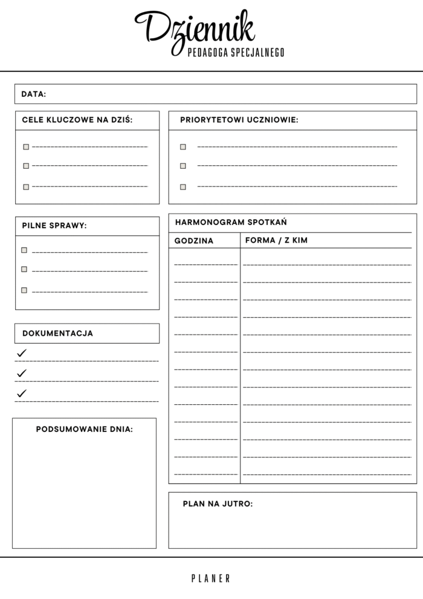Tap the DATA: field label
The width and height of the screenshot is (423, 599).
[33, 94]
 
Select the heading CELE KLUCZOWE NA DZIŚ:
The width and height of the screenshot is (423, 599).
[77, 120]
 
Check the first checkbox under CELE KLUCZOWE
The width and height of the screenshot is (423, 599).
[26, 146]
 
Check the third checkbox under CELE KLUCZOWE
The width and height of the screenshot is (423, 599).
[26, 187]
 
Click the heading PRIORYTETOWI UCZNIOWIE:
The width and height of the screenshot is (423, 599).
[239, 120]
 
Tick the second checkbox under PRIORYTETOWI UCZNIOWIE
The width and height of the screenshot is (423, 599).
[183, 166]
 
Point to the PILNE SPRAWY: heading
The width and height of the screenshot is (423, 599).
[54, 226]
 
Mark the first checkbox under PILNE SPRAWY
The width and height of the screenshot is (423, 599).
[24, 250]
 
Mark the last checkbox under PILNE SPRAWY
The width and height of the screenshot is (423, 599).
[24, 290]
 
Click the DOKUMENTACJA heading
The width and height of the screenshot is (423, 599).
[57, 333]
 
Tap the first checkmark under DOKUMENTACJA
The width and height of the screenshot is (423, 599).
[22, 353]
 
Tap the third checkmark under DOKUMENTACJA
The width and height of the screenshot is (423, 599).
[22, 393]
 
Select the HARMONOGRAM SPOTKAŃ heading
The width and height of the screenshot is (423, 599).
[231, 222]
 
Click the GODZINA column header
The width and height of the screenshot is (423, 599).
[194, 241]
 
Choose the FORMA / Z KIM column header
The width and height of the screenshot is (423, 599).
[277, 240]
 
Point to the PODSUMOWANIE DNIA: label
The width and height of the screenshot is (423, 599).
[85, 429]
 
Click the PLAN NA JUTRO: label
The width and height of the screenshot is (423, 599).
[218, 503]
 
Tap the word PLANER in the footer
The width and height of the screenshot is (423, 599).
[211, 578]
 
